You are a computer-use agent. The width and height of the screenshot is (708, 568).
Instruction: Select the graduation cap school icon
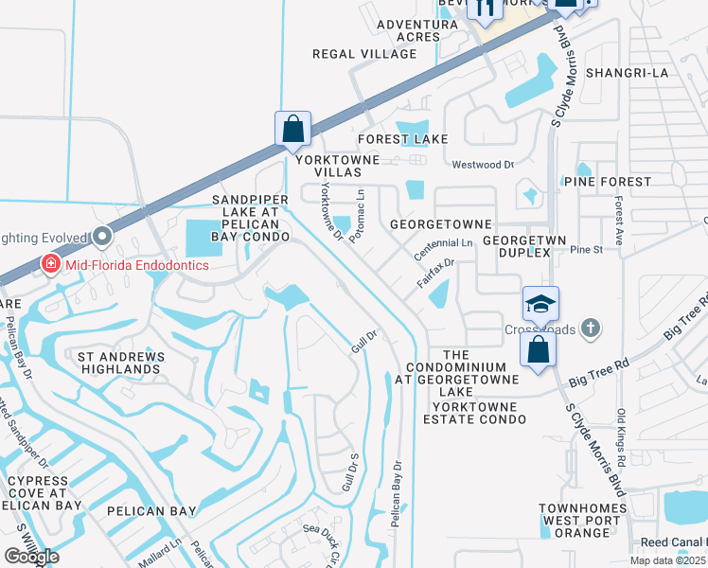(x=540, y=304)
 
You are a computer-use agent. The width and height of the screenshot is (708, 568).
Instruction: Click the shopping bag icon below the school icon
(x=538, y=348)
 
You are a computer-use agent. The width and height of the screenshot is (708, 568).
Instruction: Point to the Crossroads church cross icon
(x=592, y=328)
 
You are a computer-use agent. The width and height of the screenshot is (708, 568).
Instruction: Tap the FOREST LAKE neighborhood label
(x=403, y=139)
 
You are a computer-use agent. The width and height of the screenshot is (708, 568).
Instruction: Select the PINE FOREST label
(x=607, y=181)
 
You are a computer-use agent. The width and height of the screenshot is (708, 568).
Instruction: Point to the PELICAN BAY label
(x=151, y=511)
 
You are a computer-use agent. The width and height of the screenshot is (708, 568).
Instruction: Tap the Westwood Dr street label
(x=483, y=165)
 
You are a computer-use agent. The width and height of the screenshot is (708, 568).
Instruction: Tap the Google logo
(x=31, y=557)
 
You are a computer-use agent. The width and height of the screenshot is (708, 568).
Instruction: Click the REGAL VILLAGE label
(x=352, y=54)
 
